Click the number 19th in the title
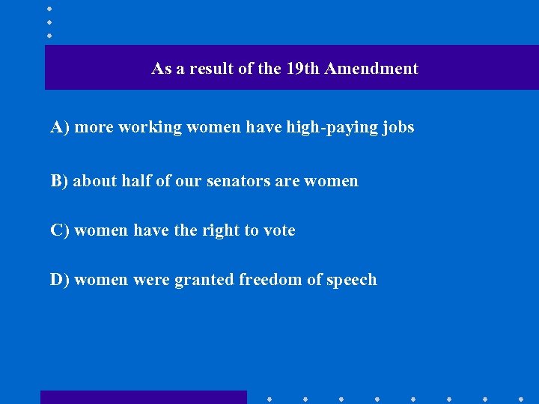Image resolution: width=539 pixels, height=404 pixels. (x=302, y=69)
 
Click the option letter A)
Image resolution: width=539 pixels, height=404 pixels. (x=60, y=127)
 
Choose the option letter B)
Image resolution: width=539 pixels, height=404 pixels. (x=59, y=181)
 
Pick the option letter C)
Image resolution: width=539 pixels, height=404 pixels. (x=60, y=230)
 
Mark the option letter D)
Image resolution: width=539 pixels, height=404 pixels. (x=60, y=280)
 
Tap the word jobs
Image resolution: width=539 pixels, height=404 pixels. (x=397, y=128)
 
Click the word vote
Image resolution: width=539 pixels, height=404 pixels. (x=278, y=230)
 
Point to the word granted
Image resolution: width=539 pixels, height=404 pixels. (x=204, y=280)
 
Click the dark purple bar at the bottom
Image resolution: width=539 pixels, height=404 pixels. (x=143, y=397)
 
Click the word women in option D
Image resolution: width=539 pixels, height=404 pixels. (x=101, y=280)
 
